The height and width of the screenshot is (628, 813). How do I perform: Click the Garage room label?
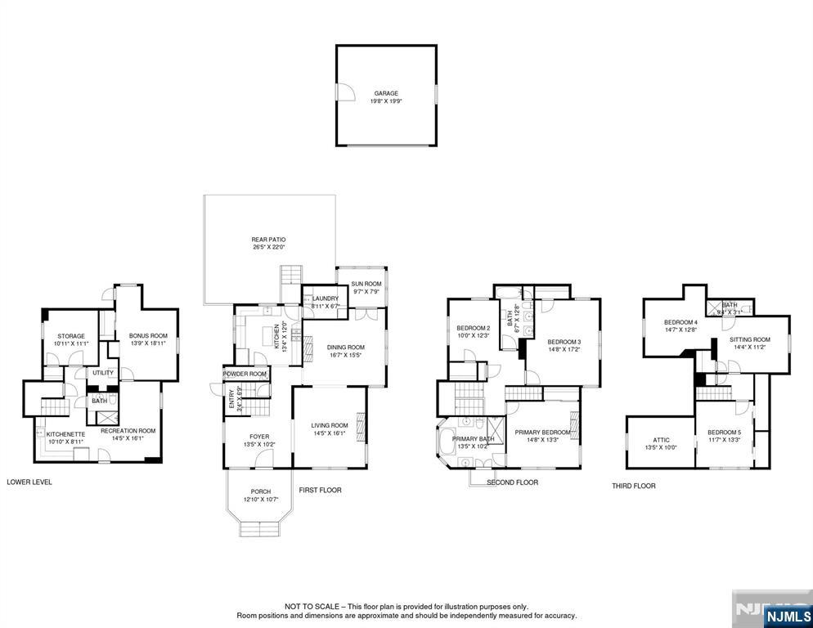point(386,93)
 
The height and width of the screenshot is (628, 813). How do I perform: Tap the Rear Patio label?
point(268,240)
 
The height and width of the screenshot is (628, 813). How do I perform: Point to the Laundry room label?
point(325,298)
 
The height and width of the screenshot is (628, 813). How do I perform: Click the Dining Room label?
point(345,347)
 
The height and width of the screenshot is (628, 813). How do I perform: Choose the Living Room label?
point(329,425)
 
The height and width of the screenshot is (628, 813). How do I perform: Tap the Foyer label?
point(258,437)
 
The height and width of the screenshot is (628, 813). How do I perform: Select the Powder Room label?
point(245,374)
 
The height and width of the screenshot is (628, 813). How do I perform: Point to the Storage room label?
point(70,336)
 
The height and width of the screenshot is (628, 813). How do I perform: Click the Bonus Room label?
point(147,336)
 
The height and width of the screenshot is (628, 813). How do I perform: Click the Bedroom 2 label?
point(473,329)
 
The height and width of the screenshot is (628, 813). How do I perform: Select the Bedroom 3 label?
point(564,342)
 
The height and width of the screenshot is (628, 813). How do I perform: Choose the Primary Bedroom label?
point(542,432)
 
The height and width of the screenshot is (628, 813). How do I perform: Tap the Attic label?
point(661,440)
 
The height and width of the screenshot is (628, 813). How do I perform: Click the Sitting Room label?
point(750,339)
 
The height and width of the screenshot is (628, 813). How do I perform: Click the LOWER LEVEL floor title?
point(29,482)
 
